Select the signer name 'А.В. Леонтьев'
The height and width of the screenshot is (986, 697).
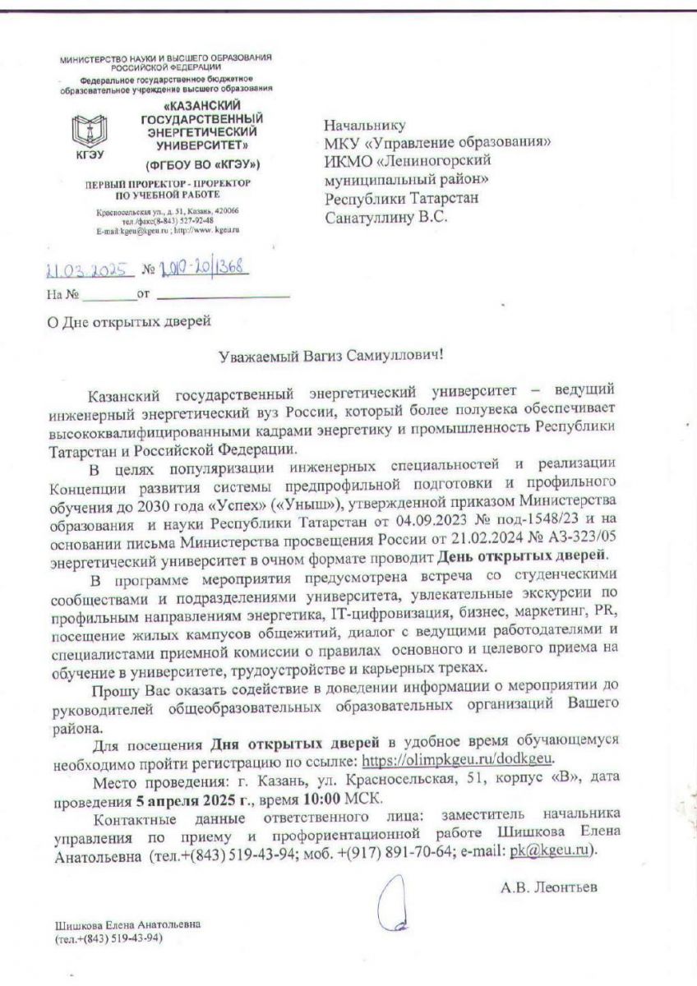[547, 887]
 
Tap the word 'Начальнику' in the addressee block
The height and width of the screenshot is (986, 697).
[365, 125]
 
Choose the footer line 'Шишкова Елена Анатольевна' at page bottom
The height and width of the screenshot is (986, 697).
[127, 924]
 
